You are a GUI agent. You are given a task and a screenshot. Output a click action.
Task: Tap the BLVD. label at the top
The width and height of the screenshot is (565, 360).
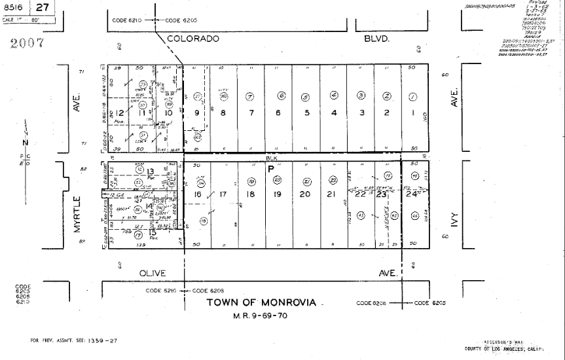377,39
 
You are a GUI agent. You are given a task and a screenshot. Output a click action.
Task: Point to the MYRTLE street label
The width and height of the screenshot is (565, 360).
77,214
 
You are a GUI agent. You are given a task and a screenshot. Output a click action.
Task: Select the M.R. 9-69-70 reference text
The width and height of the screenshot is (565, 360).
260,315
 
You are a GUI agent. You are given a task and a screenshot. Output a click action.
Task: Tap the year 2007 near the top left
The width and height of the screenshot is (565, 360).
27,43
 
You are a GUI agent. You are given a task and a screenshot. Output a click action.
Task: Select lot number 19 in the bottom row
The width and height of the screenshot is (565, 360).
277,194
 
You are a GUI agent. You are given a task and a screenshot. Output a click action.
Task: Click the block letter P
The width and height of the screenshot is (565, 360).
270,168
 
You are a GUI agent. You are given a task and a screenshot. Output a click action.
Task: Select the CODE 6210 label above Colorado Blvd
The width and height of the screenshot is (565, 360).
127,20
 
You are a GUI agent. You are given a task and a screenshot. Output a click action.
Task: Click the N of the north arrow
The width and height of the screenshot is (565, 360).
25,143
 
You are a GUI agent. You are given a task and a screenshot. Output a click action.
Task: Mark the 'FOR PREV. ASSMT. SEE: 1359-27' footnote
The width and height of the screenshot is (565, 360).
74,340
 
